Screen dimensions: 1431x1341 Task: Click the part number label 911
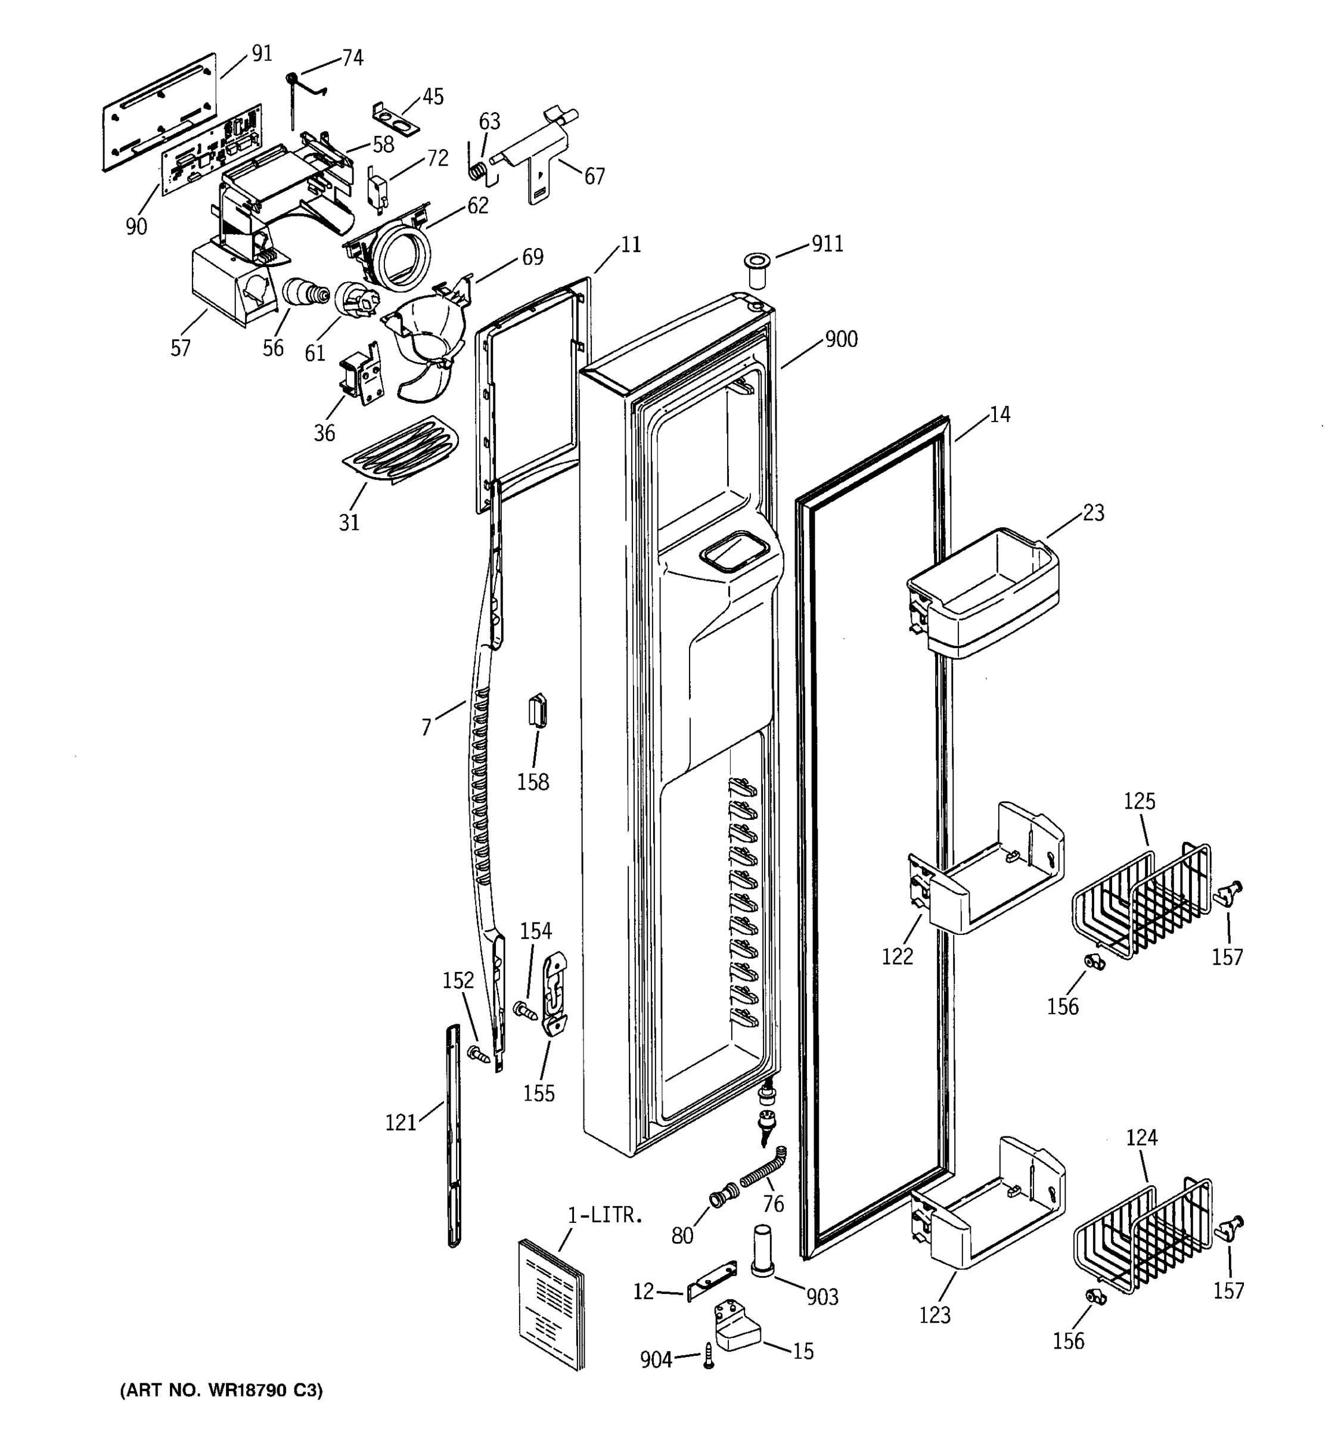point(827,244)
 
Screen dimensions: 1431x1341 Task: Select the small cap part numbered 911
point(755,268)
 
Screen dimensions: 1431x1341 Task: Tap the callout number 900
point(841,339)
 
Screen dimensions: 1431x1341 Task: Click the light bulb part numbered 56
point(303,294)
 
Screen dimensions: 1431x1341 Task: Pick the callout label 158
point(532,782)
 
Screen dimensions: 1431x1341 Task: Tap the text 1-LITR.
point(604,1215)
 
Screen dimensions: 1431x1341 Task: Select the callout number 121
point(401,1122)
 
